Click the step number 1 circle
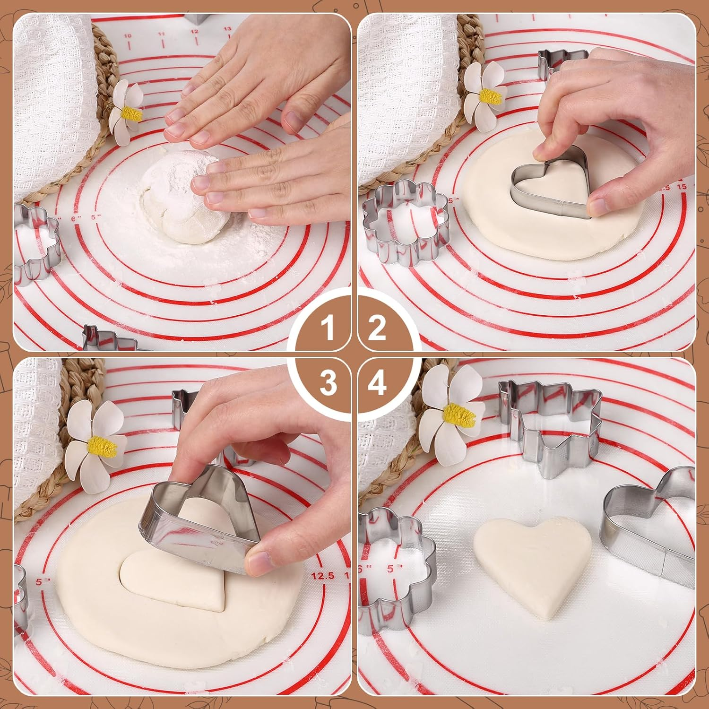pyautogui.click(x=328, y=328)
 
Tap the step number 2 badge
pyautogui.click(x=377, y=328)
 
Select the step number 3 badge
pyautogui.click(x=328, y=382)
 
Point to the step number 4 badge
pyautogui.click(x=377, y=382)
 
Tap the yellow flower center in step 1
pyautogui.click(x=131, y=113)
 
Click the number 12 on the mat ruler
pyautogui.click(x=194, y=32)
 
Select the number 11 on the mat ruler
pyautogui.click(x=161, y=34)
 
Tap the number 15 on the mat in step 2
pyautogui.click(x=682, y=187)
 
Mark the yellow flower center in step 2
pyautogui.click(x=490, y=97)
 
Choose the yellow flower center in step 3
pyautogui.click(x=103, y=445)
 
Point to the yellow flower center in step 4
pyautogui.click(x=458, y=414)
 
